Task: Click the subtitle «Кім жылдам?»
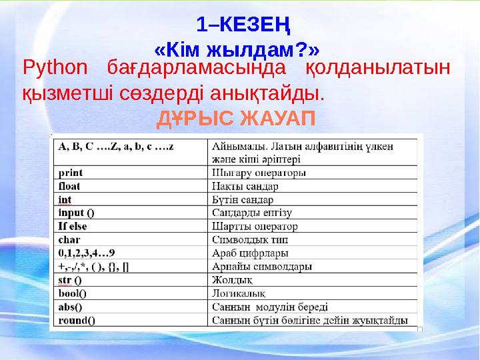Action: coord(237,50)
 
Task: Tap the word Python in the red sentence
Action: coord(55,67)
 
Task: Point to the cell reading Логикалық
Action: coord(239,293)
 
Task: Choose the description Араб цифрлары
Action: coord(250,253)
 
